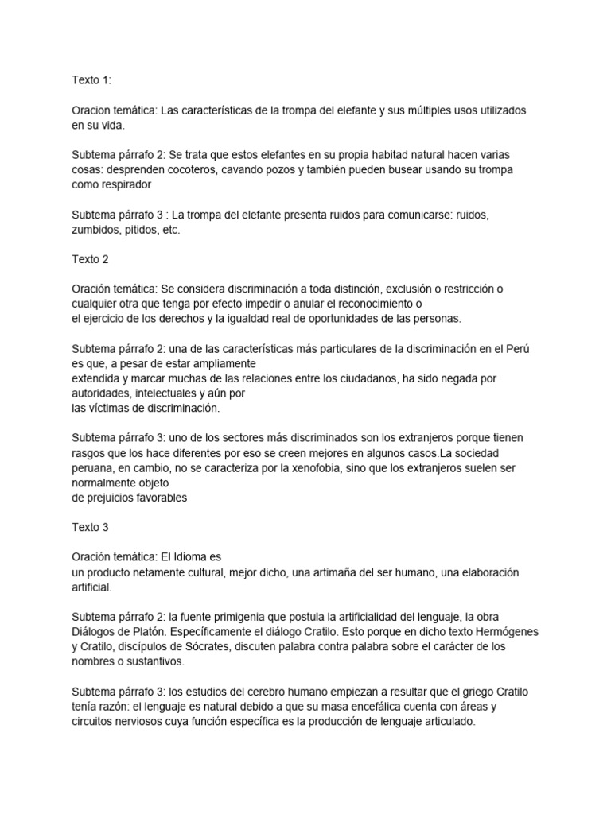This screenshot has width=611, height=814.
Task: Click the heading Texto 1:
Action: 91,79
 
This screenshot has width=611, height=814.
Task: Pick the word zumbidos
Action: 97,230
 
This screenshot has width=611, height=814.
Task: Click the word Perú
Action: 525,349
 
